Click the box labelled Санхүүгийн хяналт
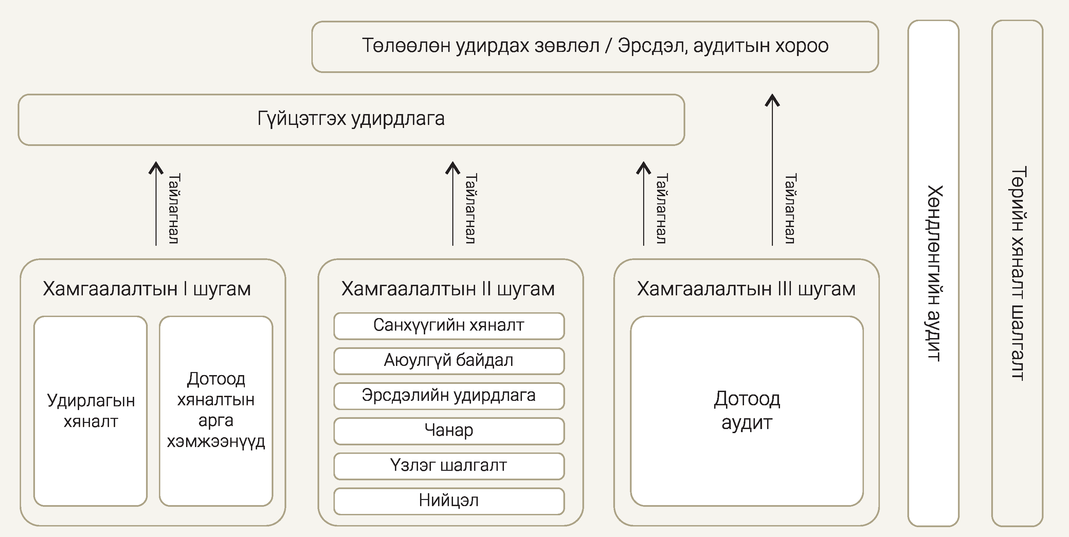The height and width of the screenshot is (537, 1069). [449, 326]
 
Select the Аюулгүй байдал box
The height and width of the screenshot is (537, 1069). [449, 360]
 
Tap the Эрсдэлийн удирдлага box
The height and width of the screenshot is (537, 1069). [449, 395]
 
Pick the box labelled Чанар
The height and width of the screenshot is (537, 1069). [449, 430]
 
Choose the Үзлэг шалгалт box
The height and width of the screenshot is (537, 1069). [449, 466]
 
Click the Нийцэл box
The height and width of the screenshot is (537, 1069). [449, 500]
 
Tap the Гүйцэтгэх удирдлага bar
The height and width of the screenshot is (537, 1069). [351, 119]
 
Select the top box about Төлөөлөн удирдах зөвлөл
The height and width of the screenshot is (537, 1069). [595, 47]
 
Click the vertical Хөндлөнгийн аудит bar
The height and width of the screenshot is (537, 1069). [933, 273]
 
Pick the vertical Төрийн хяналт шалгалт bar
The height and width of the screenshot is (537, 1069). [1017, 273]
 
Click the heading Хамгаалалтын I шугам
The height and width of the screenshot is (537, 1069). [147, 289]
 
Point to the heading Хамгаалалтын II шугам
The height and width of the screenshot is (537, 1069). [448, 289]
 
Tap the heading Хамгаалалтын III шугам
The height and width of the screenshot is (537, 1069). [746, 289]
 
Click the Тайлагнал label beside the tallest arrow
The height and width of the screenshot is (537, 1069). [790, 208]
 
